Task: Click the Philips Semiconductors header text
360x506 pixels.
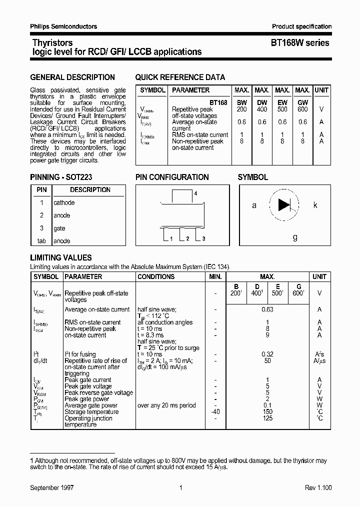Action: [63, 26]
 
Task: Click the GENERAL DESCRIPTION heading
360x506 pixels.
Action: [72, 77]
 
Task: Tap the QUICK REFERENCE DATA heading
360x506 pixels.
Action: [180, 77]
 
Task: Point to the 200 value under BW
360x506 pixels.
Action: [241, 109]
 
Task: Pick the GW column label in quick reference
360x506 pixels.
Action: [302, 102]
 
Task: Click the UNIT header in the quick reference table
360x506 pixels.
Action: [321, 90]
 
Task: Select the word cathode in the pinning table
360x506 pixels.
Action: [64, 202]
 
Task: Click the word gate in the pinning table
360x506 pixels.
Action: [59, 228]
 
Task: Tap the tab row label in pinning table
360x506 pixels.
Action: [41, 241]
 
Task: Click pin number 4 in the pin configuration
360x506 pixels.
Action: [196, 193]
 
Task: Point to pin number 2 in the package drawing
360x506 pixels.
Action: [187, 238]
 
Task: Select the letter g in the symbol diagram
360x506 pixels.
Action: [295, 237]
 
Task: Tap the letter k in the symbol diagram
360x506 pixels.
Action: [315, 205]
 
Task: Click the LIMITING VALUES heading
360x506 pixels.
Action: [61, 258]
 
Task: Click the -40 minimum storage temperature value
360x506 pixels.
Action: [215, 412]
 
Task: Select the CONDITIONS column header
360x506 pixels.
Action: [156, 276]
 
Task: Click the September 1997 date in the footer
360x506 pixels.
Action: [52, 487]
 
